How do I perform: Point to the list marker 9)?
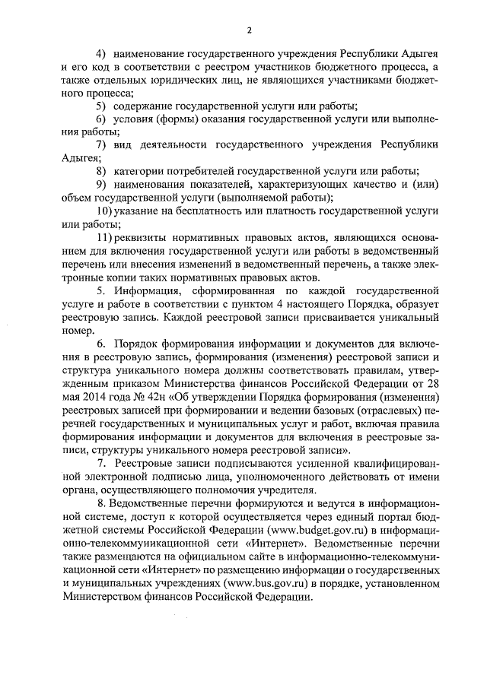[x=99, y=184]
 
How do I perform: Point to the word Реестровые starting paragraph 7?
[x=148, y=462]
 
